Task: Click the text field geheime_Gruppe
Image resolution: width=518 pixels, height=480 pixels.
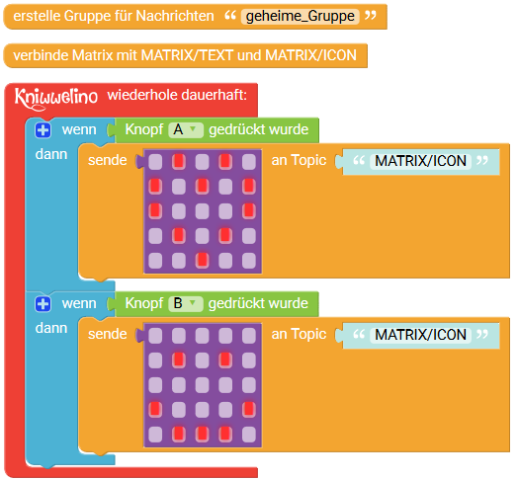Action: point(300,16)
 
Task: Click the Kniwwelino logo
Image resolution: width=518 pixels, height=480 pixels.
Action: point(56,98)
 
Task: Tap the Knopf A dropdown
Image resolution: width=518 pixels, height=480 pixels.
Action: point(186,129)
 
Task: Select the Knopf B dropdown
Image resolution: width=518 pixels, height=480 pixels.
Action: point(186,304)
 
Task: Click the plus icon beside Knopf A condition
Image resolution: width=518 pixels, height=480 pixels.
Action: point(43,130)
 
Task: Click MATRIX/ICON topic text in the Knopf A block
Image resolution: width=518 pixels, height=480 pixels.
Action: point(420,161)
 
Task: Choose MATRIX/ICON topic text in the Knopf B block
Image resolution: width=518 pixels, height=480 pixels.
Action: point(420,335)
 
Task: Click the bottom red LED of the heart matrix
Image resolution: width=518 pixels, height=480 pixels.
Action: point(203,260)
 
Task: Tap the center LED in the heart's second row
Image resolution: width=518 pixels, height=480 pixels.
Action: point(203,186)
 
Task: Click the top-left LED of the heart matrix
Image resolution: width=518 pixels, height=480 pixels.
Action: point(155,161)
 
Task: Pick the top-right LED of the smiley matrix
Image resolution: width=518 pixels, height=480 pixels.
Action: point(249,336)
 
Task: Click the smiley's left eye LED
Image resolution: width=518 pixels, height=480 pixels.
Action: point(179,360)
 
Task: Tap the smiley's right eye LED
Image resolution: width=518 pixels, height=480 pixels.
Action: point(225,360)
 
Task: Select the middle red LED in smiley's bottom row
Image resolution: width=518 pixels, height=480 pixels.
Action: point(203,435)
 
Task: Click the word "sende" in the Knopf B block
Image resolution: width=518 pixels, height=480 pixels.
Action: point(108,334)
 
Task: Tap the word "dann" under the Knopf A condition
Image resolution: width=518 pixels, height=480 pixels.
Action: point(51,154)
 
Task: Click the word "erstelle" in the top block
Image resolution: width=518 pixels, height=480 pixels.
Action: point(36,16)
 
